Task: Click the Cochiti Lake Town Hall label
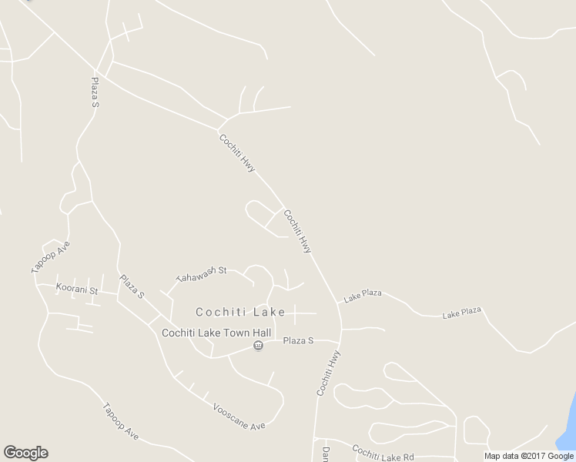pyautogui.click(x=216, y=333)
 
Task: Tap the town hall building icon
pyautogui.click(x=258, y=346)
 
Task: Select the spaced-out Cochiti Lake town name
pyautogui.click(x=240, y=312)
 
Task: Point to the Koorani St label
pyautogui.click(x=77, y=290)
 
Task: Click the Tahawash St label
pyautogui.click(x=201, y=273)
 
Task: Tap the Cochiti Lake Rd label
pyautogui.click(x=383, y=452)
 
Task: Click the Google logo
pyautogui.click(x=25, y=453)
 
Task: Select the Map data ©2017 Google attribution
pyautogui.click(x=529, y=456)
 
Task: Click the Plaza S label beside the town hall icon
pyautogui.click(x=298, y=340)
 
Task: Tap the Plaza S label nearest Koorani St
pyautogui.click(x=132, y=286)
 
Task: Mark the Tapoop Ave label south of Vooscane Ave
pyautogui.click(x=120, y=421)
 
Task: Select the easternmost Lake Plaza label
pyautogui.click(x=461, y=312)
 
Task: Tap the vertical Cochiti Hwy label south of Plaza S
pyautogui.click(x=328, y=373)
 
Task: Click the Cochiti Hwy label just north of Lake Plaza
pyautogui.click(x=297, y=231)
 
